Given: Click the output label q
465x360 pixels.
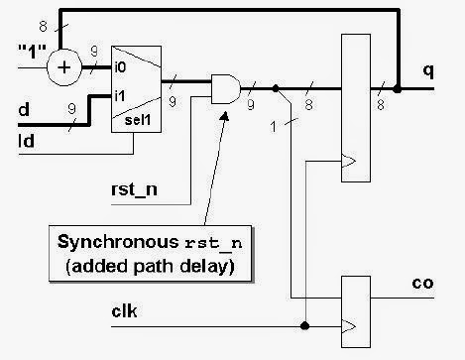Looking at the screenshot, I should tap(427, 70).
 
